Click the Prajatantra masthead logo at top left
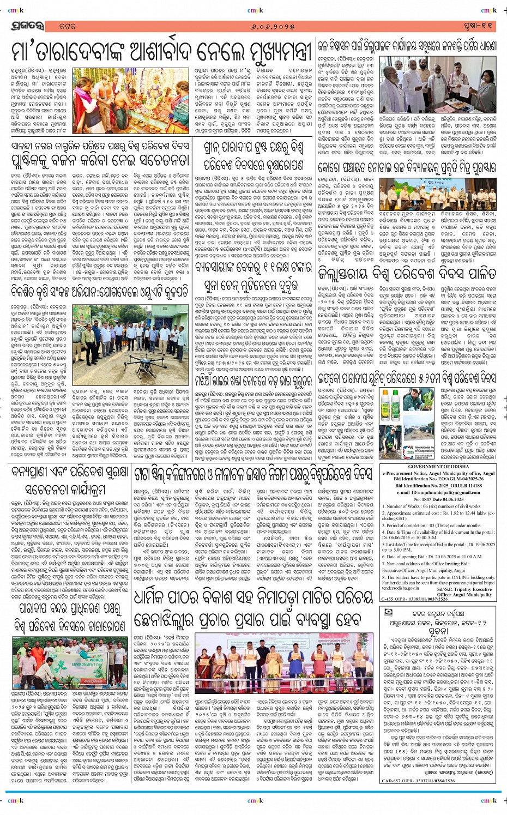[x=25, y=26]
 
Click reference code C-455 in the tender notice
[x=387, y=599]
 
